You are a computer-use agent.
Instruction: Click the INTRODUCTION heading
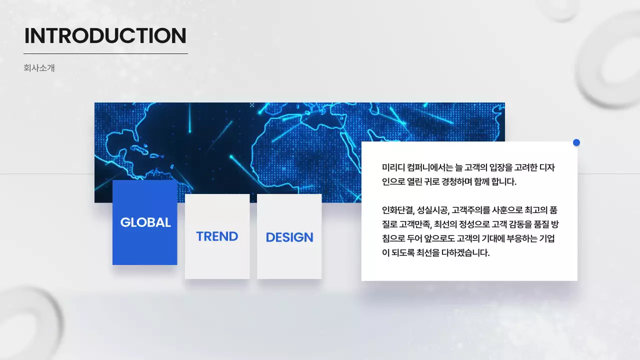(105, 36)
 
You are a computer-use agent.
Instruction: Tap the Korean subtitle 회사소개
(39, 68)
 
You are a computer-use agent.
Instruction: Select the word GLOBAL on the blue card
(145, 222)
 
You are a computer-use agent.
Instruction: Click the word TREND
(217, 236)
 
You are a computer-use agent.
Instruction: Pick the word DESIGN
(289, 237)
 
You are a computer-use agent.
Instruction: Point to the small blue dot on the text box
(576, 142)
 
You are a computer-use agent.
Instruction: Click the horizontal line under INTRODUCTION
(105, 53)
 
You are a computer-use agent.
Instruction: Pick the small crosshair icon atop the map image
(252, 105)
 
